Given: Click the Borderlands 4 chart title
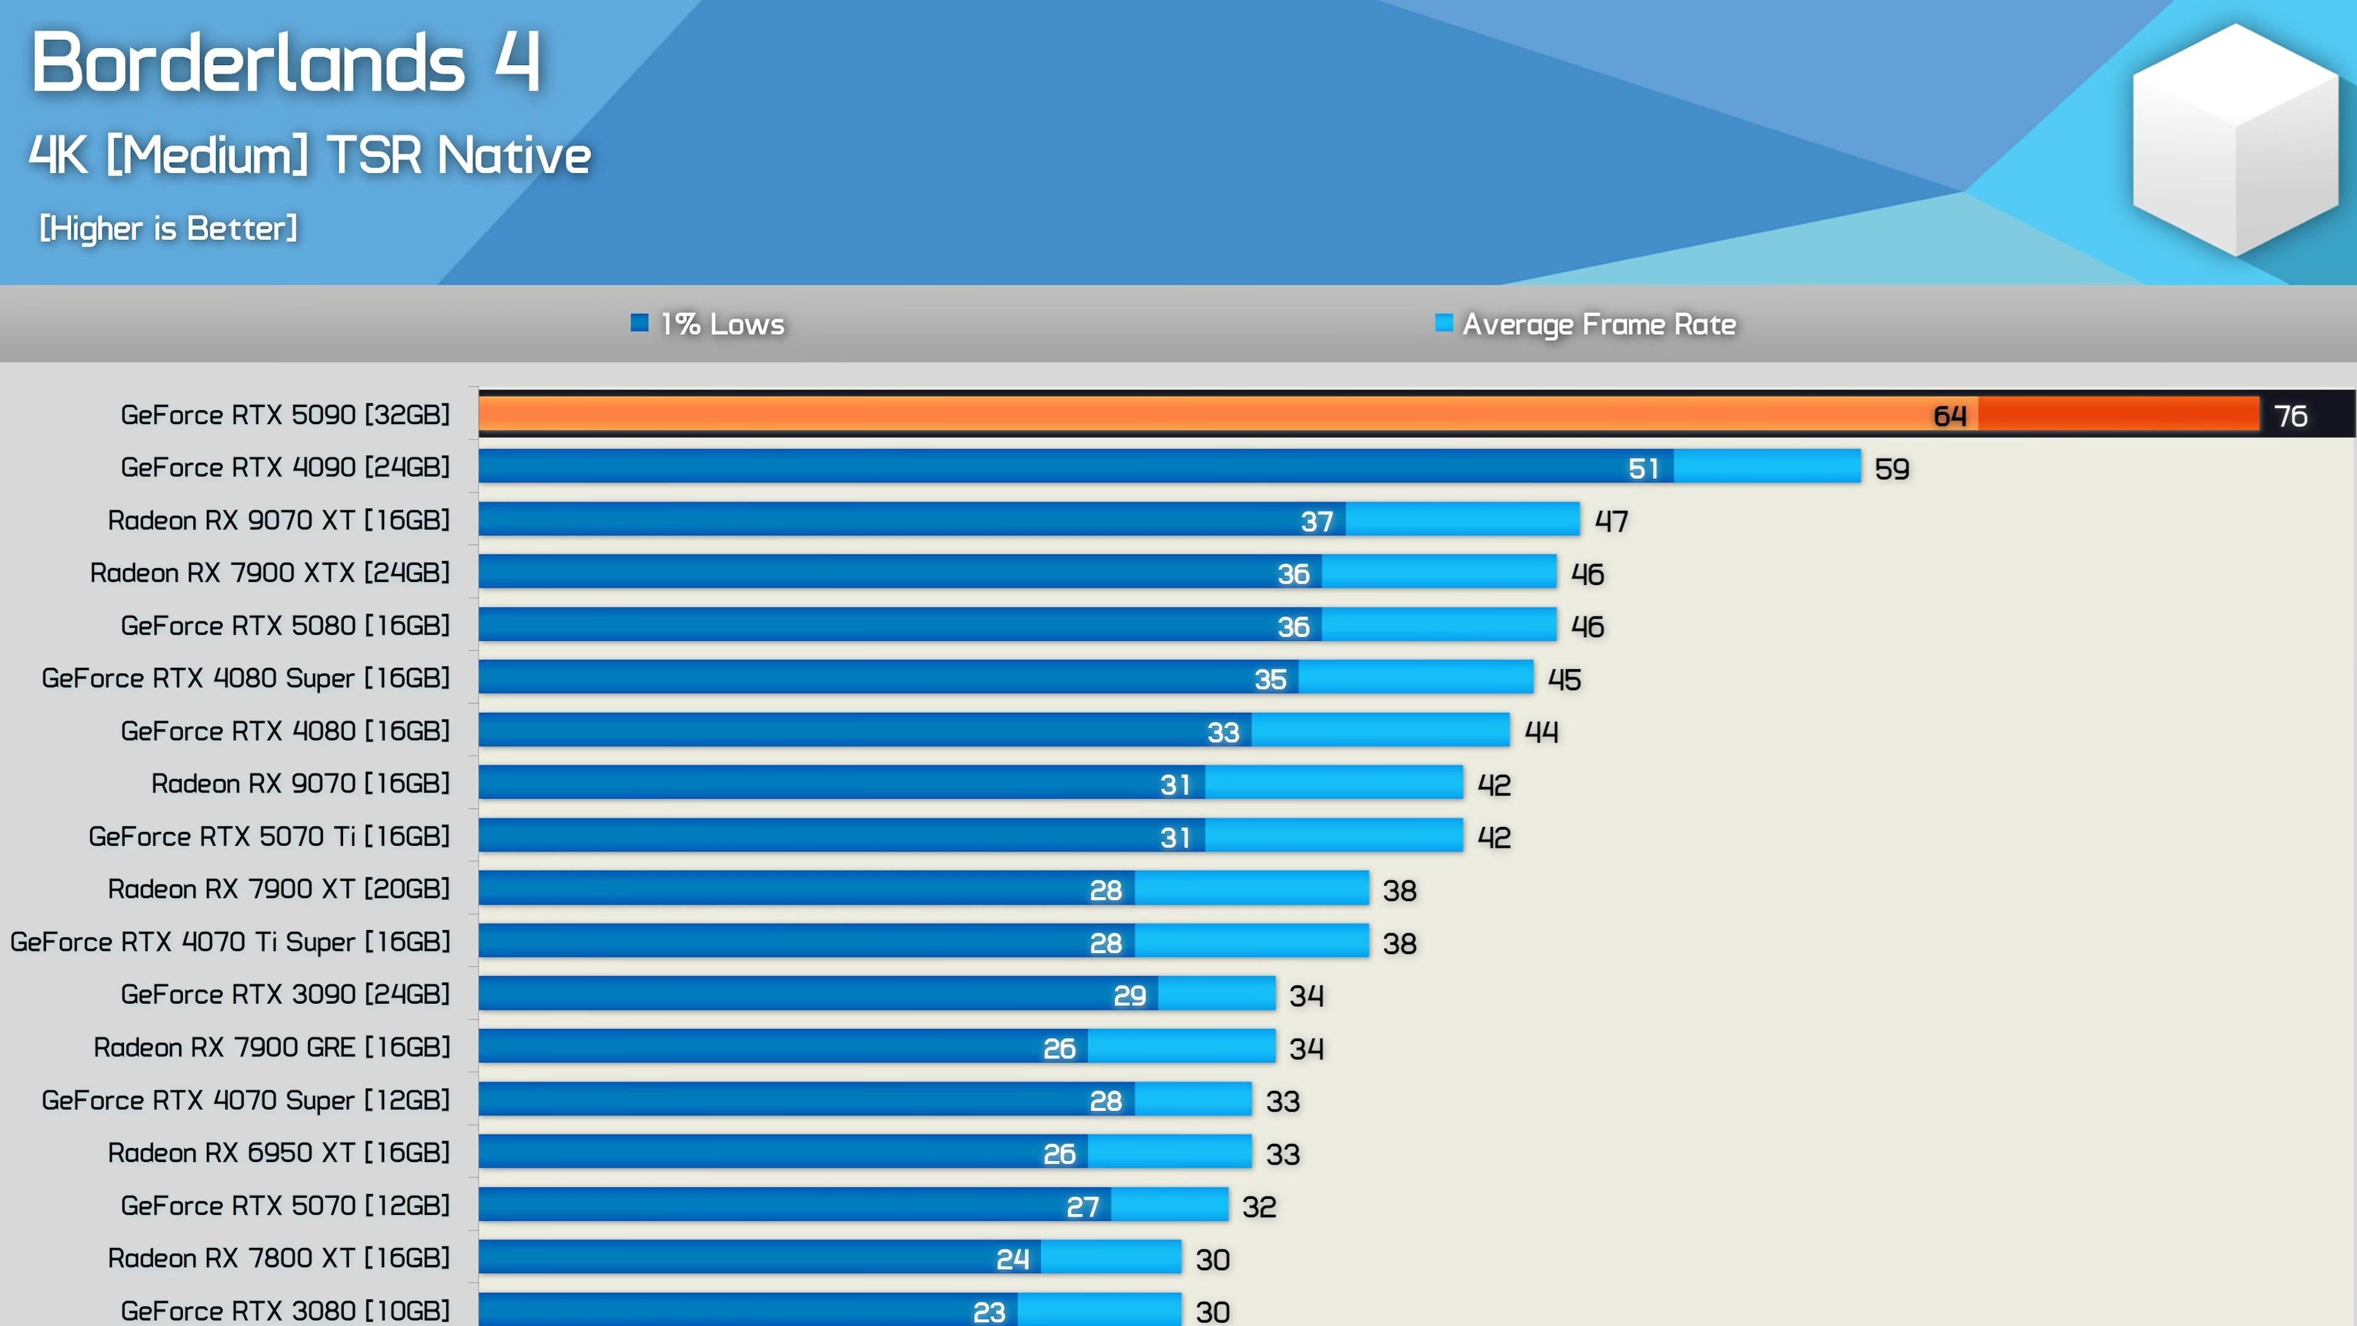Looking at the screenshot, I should [285, 62].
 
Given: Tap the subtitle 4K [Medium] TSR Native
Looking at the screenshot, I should [309, 155].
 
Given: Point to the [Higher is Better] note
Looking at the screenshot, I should [168, 228].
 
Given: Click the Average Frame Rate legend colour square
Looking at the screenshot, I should [1443, 322].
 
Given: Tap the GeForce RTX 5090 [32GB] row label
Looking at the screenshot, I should [285, 414].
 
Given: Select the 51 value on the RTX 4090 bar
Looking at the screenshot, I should [1643, 468].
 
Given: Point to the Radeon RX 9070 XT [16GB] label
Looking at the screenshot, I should [278, 520].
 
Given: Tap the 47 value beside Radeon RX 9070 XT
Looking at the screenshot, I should [1611, 522].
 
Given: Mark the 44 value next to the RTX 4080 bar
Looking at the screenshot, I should [1541, 732].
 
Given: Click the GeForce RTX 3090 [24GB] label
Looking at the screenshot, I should [285, 994].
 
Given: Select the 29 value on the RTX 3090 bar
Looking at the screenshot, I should [1129, 996].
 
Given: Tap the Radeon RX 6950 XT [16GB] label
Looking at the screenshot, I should [278, 1152].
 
